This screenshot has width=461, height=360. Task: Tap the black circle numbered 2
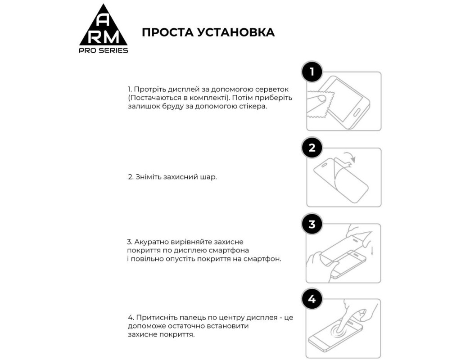pos(312,148)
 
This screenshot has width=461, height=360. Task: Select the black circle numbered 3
pos(312,224)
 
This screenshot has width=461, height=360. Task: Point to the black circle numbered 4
pos(312,299)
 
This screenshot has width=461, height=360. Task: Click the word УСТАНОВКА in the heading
pos(236,32)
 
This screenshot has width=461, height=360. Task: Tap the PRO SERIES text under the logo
pos(103,50)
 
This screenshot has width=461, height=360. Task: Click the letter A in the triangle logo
pos(103,20)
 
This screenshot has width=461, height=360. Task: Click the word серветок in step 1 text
pos(273,89)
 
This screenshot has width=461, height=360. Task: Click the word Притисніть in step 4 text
pos(155,317)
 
